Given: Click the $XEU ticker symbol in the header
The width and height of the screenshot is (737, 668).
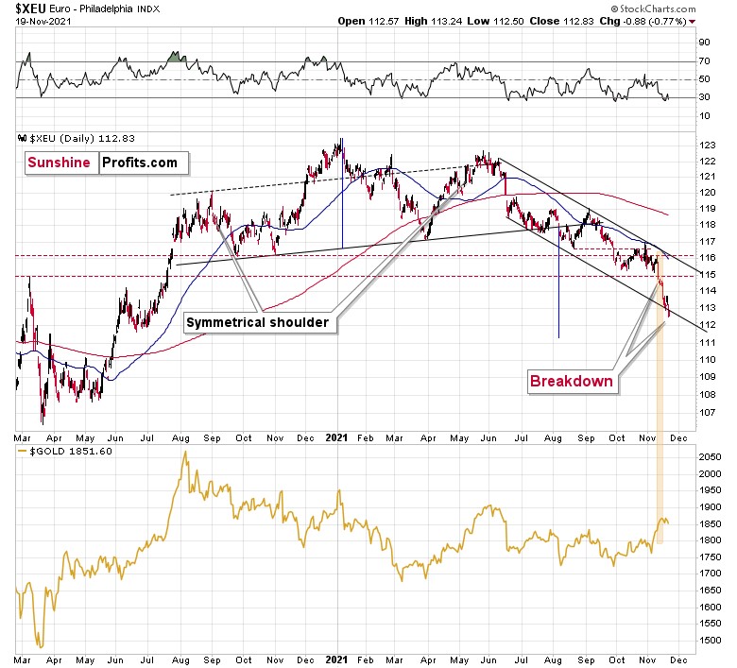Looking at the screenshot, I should coord(32,9).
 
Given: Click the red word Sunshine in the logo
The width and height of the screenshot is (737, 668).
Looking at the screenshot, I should coord(60,163).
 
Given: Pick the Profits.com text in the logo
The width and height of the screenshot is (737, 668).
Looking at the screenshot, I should coord(139,163).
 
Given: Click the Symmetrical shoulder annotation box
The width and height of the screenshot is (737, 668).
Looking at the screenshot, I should coord(257,322).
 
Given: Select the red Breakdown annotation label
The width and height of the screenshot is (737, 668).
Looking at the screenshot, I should coord(571,382).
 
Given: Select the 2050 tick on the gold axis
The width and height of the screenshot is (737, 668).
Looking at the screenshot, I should coord(711,457).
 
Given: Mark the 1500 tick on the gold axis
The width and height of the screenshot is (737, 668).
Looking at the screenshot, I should coord(711,642).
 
